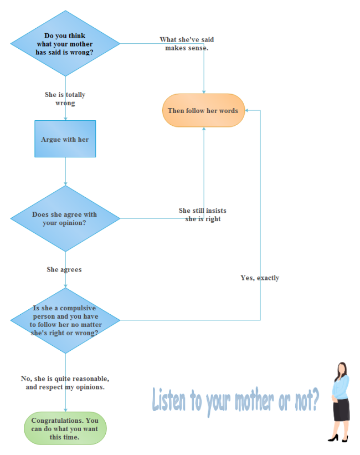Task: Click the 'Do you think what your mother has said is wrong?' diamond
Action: [x=65, y=44]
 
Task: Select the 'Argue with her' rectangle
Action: [x=65, y=139]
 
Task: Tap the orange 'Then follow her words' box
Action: [x=203, y=110]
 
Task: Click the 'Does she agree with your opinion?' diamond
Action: [x=65, y=218]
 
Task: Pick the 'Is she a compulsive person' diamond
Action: [x=65, y=320]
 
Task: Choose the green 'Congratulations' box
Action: [x=65, y=429]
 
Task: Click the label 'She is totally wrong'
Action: [x=65, y=99]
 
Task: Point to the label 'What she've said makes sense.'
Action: [x=187, y=44]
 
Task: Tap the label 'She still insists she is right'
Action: [x=203, y=214]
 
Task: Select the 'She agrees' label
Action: [x=64, y=269]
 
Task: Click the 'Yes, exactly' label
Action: [x=260, y=278]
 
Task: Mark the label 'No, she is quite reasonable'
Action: [x=65, y=382]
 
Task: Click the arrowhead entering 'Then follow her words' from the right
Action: [x=247, y=110]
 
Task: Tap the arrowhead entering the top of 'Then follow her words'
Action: [x=204, y=91]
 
